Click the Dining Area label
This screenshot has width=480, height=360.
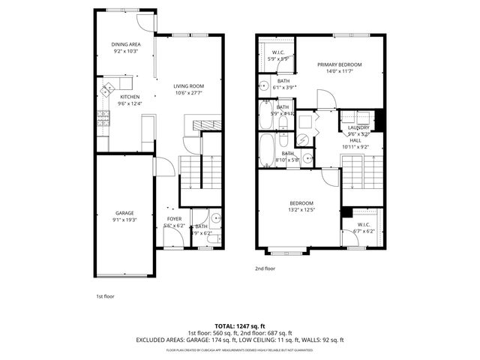(x=127, y=44)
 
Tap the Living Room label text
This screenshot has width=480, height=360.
(x=189, y=86)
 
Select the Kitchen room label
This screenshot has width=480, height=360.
(x=130, y=97)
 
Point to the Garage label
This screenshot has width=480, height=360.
(x=124, y=213)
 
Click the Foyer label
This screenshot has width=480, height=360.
(x=174, y=218)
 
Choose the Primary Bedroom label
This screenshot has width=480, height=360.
(x=339, y=65)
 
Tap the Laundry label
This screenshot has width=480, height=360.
(x=358, y=128)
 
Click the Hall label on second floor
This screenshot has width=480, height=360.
(x=355, y=140)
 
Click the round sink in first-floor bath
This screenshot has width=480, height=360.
(x=214, y=219)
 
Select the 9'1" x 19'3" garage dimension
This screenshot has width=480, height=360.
(x=124, y=220)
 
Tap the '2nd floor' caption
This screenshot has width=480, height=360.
(x=265, y=268)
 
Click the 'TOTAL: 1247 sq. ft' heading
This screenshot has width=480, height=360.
(x=239, y=326)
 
